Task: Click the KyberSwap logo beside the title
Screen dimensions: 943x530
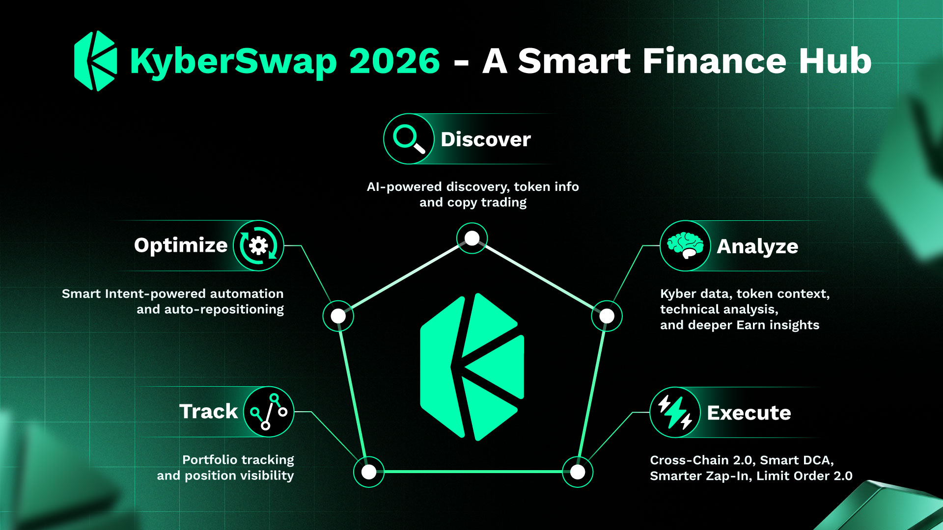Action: (96, 61)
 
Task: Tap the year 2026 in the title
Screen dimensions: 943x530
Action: (394, 61)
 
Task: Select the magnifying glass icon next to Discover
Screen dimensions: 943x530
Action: (409, 139)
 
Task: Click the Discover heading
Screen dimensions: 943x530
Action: (486, 139)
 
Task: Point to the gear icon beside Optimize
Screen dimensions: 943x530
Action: (258, 245)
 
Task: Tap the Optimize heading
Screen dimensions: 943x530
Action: (181, 245)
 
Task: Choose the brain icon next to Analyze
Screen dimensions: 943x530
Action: (685, 246)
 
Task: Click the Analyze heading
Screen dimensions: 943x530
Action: (757, 246)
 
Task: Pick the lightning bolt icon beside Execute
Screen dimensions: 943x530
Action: (675, 412)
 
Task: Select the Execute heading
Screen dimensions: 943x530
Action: (749, 413)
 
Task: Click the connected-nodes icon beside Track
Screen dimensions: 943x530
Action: (269, 412)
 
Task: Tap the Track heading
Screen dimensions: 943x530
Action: (208, 411)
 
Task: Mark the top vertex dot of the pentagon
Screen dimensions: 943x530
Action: (472, 238)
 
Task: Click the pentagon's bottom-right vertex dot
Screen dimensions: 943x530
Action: (578, 472)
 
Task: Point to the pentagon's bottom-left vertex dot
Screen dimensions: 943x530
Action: (369, 472)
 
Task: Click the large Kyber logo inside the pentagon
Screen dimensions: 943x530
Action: (472, 367)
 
